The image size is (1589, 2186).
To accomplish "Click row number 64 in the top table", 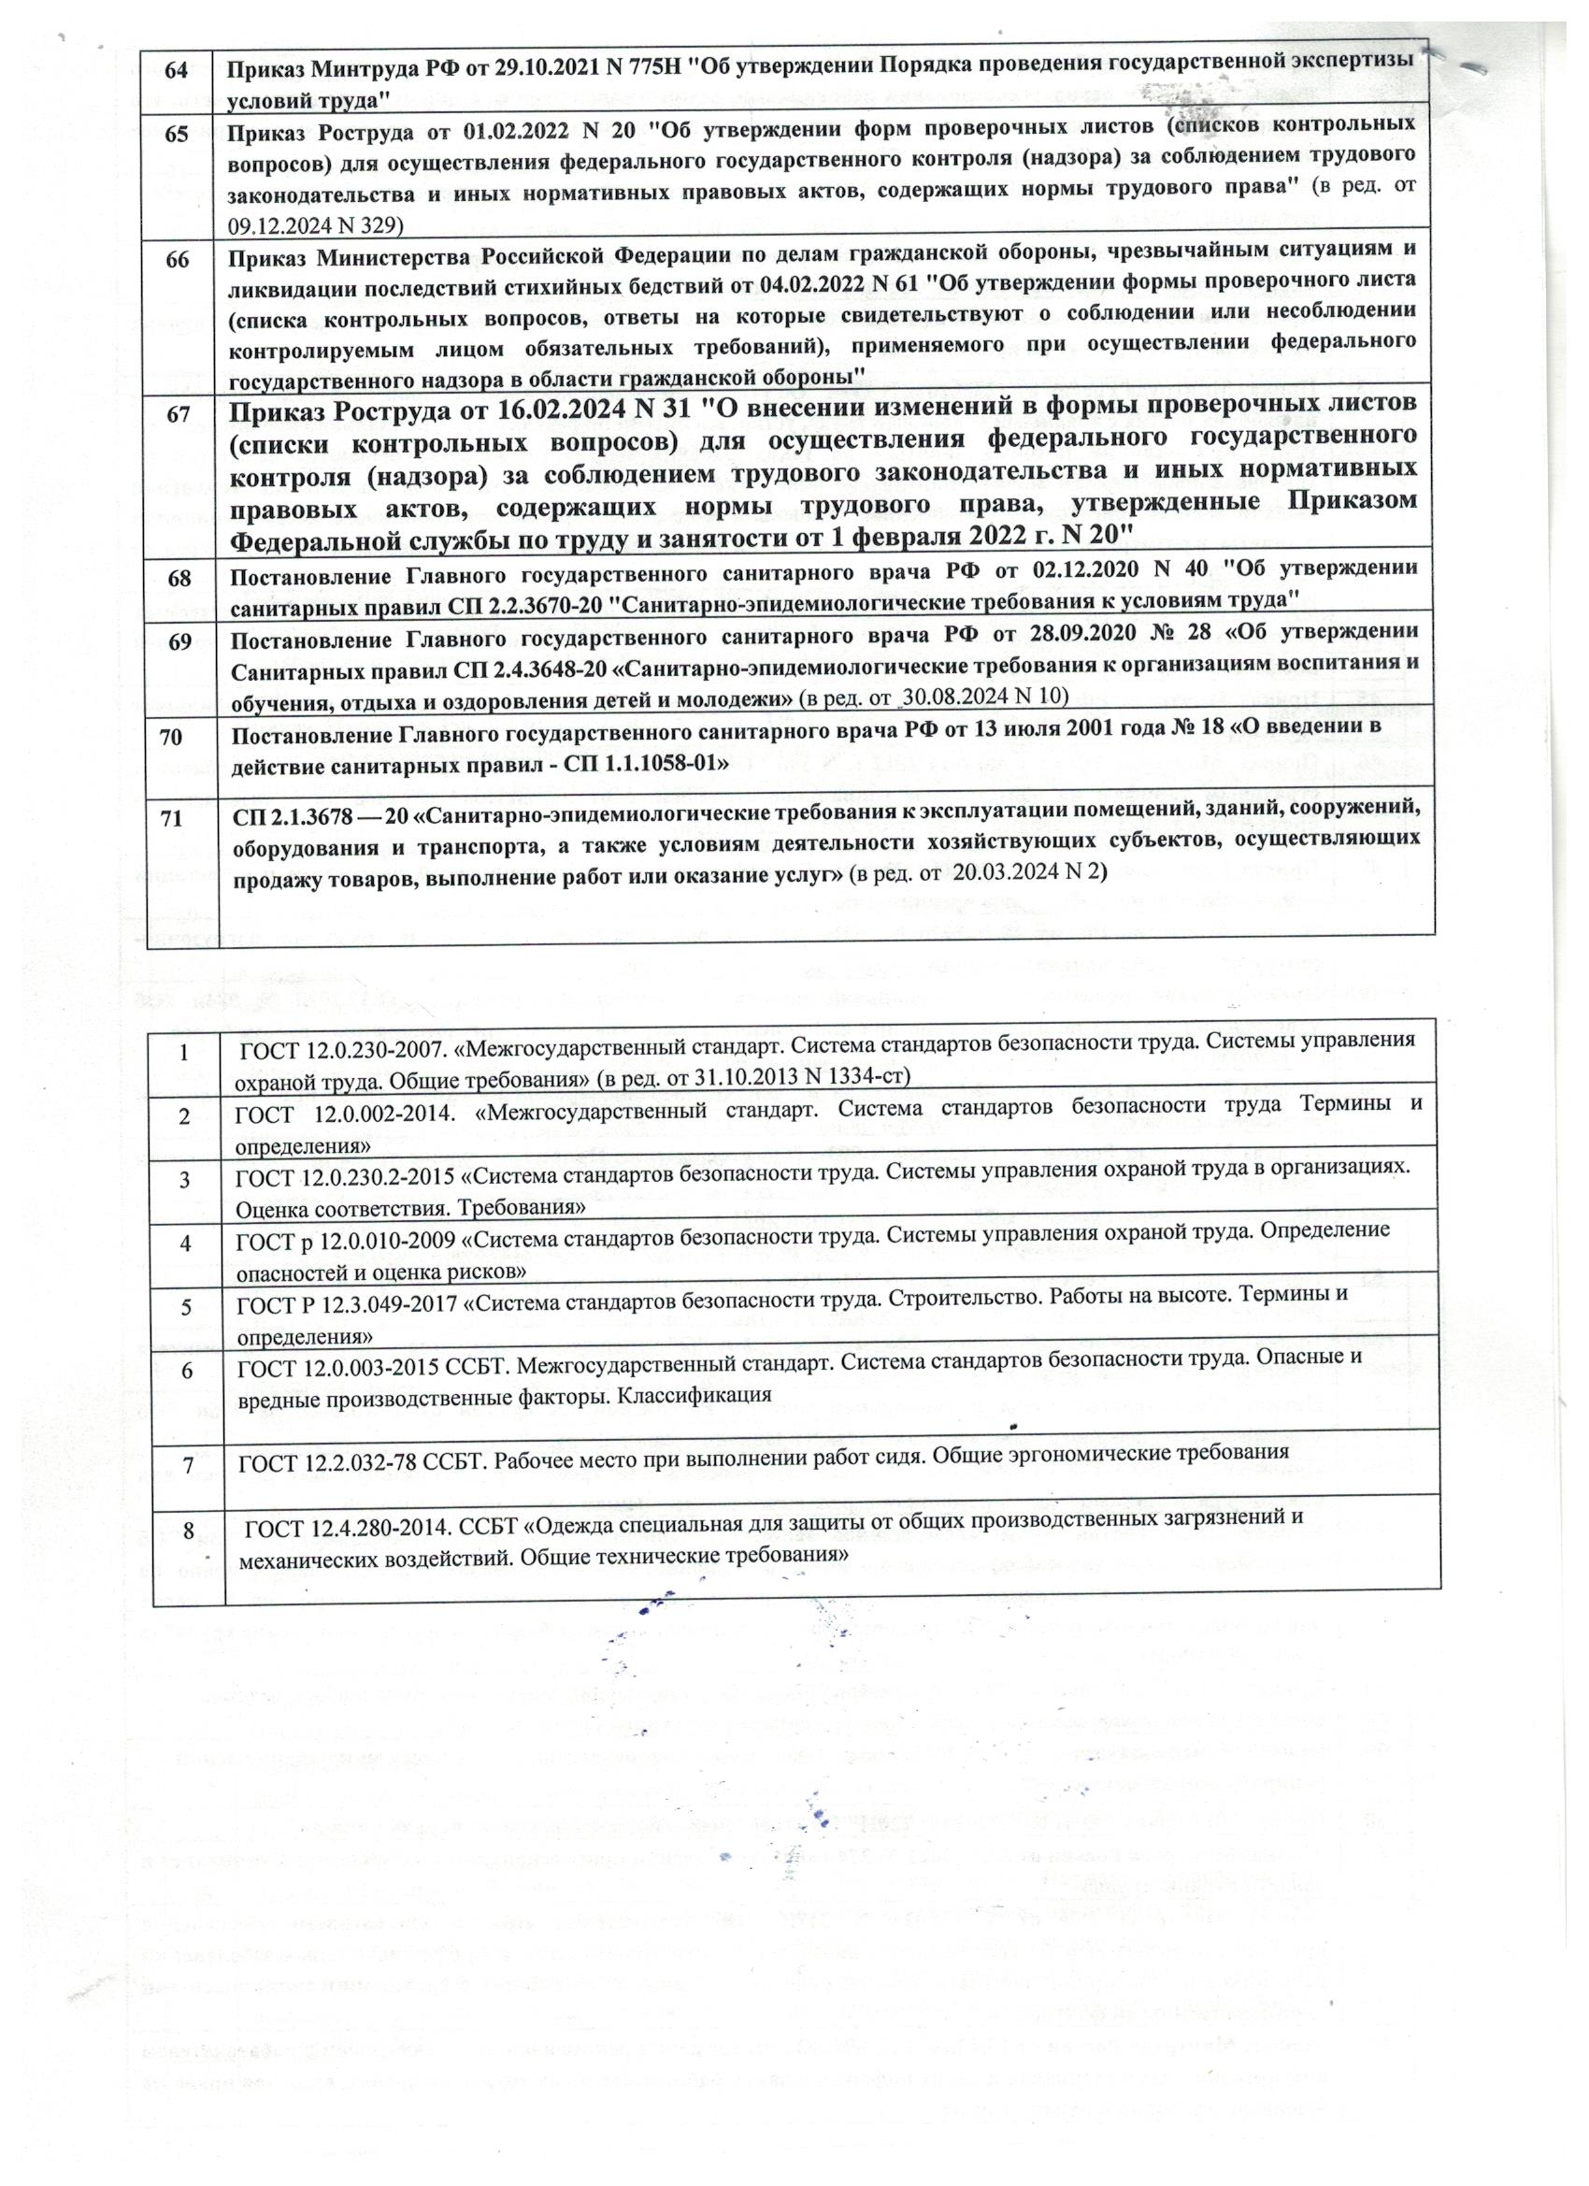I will (x=177, y=70).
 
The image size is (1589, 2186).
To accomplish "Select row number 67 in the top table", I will (x=178, y=412).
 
